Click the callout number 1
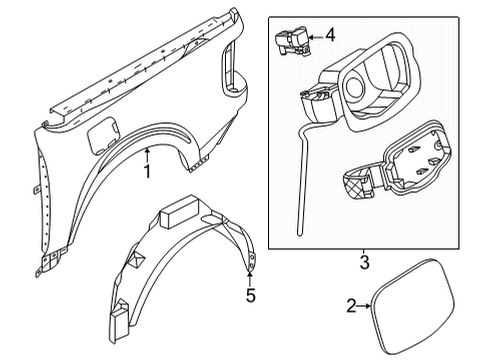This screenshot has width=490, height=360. pyautogui.click(x=146, y=171)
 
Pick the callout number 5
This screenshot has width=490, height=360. pyautogui.click(x=251, y=295)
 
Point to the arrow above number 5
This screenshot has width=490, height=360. pyautogui.click(x=250, y=274)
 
